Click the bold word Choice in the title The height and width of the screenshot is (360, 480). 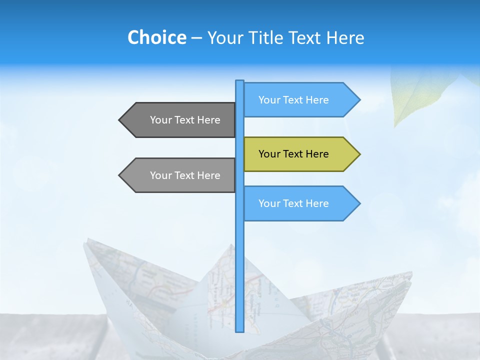156,37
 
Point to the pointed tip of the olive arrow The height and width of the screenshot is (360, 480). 359,154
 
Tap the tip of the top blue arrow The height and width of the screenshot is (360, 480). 359,100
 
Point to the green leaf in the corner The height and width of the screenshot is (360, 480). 420,95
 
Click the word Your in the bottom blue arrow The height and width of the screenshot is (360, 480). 269,203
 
